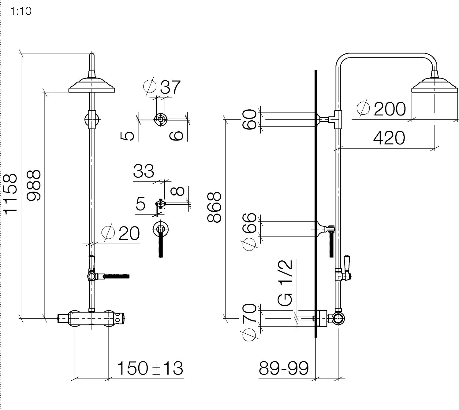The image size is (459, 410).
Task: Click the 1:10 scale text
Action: coord(21,11)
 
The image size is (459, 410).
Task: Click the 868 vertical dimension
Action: coord(214,207)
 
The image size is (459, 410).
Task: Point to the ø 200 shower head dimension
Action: coord(381,109)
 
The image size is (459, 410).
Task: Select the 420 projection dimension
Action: coord(389,138)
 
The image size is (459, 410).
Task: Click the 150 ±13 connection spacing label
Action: coord(150,368)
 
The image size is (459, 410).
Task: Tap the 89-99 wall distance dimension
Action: coord(284,368)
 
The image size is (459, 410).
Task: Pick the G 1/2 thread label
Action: coord(285,283)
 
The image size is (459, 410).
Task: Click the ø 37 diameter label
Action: coord(162,87)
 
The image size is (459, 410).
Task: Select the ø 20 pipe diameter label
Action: coord(121,233)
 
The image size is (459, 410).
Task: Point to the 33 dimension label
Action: coord(144,171)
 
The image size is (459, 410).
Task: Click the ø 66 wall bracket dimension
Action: coord(249,231)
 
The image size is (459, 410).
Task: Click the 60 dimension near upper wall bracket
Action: coord(249,119)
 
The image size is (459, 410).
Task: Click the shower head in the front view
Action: coord(92,86)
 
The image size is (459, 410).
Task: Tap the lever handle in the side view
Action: coord(347,265)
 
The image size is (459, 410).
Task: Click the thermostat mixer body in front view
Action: coord(92,318)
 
